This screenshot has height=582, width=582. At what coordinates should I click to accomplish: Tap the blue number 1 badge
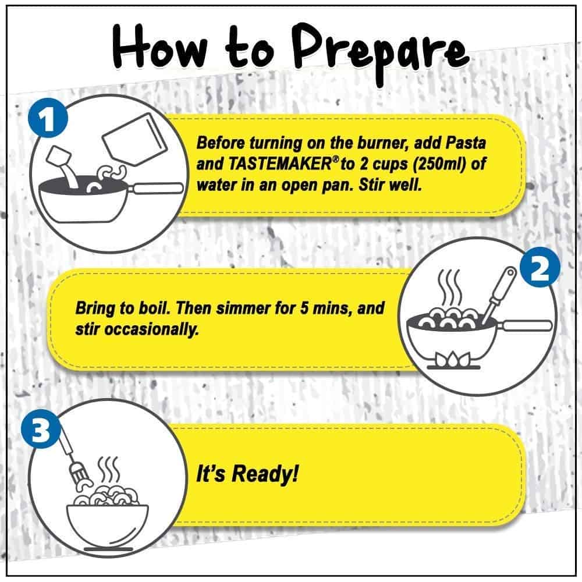(48, 118)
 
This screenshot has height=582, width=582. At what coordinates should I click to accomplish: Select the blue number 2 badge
(540, 267)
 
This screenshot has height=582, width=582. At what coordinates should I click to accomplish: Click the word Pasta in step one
(465, 143)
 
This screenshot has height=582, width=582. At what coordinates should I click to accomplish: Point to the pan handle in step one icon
(156, 188)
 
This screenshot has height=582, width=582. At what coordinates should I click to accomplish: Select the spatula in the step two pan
(499, 294)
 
